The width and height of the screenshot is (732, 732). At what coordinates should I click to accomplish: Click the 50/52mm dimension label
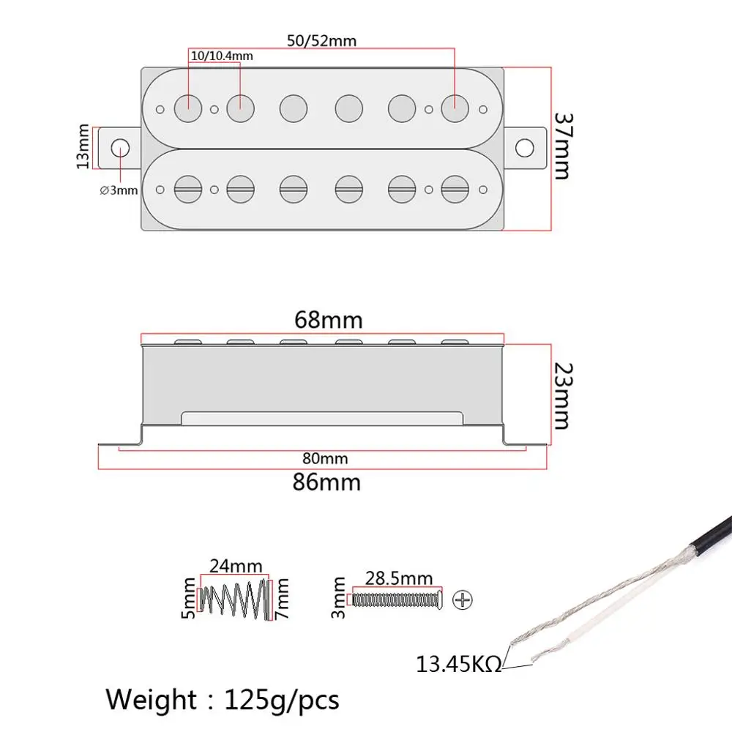coord(322,41)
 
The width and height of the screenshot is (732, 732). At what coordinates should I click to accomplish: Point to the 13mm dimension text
coord(83,147)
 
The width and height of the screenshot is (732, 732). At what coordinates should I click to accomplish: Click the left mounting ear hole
coord(118,147)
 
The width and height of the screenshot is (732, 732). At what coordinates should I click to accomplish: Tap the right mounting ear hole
coord(523,147)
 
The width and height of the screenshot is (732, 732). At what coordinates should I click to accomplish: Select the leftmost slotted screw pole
coord(187,188)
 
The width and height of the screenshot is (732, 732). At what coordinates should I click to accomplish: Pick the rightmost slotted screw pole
coord(454,188)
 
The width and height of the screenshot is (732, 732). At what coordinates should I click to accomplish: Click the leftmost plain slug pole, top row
coord(187,108)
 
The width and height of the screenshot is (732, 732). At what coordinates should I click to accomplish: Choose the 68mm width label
coord(328,320)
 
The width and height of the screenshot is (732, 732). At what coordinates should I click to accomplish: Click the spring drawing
coord(235,598)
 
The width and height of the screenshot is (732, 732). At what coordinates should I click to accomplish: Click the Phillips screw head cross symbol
coord(462,600)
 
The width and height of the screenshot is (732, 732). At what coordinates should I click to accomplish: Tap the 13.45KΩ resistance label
coord(459,665)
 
